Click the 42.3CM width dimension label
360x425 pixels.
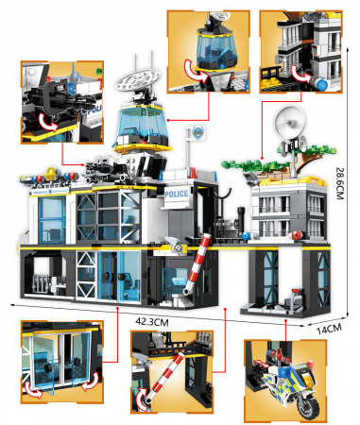pyautogui.click(x=152, y=322)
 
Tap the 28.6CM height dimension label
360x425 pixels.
pyautogui.click(x=340, y=183)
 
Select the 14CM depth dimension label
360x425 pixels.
pyautogui.click(x=329, y=329)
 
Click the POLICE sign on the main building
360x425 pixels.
pyautogui.click(x=177, y=194)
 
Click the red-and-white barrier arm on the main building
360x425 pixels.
pyautogui.click(x=197, y=263)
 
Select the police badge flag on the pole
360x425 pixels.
pyautogui.click(x=198, y=132)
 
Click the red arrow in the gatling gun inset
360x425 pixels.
pyautogui.click(x=48, y=122)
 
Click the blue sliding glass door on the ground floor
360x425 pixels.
pyautogui.click(x=119, y=276)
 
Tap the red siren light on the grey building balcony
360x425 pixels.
pyautogui.click(x=297, y=235)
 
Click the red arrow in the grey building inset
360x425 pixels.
pyautogui.click(x=301, y=75)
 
